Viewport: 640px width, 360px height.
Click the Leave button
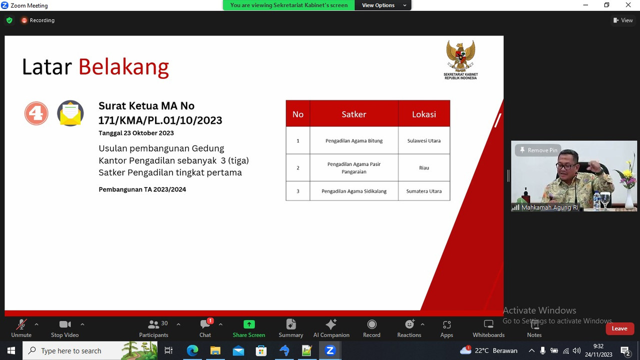coord(619,328)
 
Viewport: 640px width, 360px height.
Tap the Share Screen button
coord(249,328)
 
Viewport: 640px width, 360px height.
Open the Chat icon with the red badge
coord(205,324)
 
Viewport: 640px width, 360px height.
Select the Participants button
coord(153,328)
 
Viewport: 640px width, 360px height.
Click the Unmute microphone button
coord(21,328)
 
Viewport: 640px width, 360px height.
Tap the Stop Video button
coord(65,328)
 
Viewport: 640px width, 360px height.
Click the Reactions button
coord(409,328)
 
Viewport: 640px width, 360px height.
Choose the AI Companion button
coord(331,328)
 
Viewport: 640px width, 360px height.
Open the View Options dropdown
coord(383,5)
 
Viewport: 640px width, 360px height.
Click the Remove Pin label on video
coord(538,150)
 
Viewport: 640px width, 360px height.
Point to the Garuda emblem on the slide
coord(460,56)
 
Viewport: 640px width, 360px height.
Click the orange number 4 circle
coord(36,113)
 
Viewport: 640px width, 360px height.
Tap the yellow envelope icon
coord(70,113)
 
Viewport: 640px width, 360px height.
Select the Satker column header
coord(354,113)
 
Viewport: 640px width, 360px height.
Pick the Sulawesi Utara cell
coord(424,140)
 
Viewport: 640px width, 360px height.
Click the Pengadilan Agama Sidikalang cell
coord(354,191)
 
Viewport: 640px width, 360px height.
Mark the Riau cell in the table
coord(424,167)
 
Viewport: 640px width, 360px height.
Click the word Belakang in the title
coord(123,67)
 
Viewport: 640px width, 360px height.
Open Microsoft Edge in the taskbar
coord(192,350)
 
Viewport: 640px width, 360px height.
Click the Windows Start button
coord(11,350)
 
